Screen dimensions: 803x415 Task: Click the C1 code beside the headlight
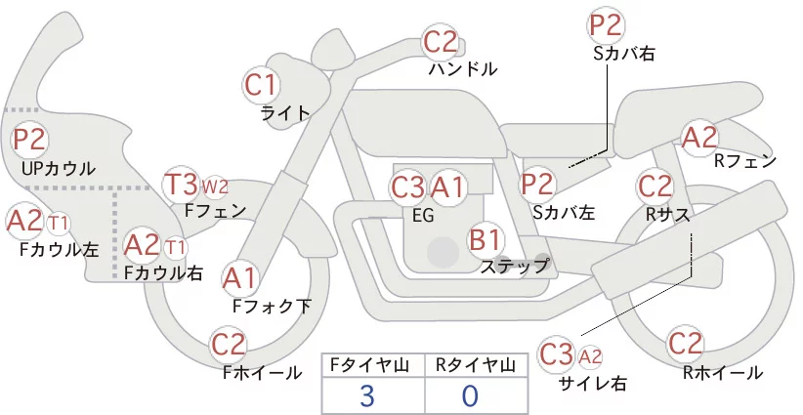[x=261, y=85]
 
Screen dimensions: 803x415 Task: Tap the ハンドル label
[x=463, y=68]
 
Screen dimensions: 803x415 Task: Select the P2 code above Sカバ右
[x=606, y=25]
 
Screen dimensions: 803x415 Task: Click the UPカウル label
[x=59, y=168]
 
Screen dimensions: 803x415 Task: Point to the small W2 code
[x=215, y=187]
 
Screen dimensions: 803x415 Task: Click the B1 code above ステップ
[x=485, y=239]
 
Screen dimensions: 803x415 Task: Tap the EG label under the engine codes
[x=423, y=216]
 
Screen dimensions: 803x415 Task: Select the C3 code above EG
[x=407, y=187]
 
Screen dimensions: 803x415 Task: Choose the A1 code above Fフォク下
[x=239, y=279]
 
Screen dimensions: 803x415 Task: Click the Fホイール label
[x=262, y=373]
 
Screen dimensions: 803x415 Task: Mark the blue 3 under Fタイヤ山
[x=367, y=395]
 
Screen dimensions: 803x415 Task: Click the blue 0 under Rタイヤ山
[x=470, y=395]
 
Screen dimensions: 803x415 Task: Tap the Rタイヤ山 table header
[x=476, y=365]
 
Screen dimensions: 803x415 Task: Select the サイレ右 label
[x=593, y=384]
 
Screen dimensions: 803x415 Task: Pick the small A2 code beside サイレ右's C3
[x=590, y=356]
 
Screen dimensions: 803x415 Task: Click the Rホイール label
[x=723, y=373]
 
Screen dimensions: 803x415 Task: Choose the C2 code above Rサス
[x=655, y=187]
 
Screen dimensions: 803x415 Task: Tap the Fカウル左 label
[x=59, y=249]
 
